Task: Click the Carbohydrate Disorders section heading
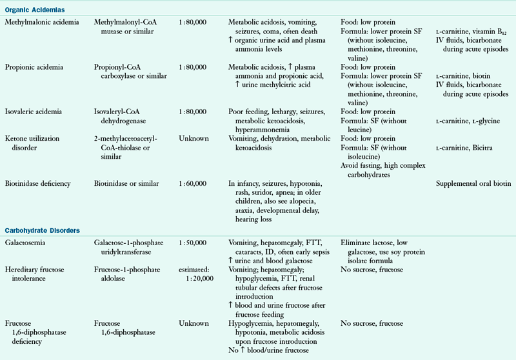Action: pyautogui.click(x=44, y=230)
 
